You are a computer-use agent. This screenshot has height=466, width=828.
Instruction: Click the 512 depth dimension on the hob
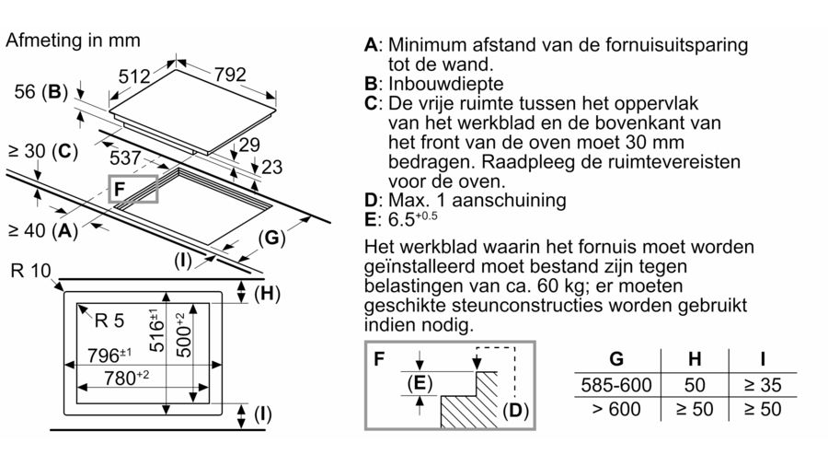[134, 76]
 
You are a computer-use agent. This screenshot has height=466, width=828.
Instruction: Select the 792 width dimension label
[230, 75]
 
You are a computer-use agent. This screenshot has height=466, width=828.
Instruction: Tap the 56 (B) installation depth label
[41, 92]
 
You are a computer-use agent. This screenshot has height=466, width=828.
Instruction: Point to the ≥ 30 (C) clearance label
[43, 152]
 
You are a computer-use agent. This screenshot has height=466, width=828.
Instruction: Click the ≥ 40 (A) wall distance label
[43, 230]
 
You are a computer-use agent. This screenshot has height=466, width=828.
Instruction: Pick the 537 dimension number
[125, 157]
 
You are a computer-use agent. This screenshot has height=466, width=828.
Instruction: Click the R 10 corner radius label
[30, 271]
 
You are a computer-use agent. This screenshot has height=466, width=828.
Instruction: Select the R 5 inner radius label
[109, 320]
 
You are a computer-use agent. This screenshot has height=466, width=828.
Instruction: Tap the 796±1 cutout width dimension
[109, 355]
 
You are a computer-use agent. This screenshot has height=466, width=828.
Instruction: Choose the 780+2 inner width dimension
[126, 378]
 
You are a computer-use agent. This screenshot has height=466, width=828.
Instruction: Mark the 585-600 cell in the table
[616, 385]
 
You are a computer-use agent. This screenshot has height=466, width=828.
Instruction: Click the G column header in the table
[616, 359]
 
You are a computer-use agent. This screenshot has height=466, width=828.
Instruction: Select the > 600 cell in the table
[616, 409]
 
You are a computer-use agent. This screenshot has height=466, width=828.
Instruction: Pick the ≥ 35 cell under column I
[763, 385]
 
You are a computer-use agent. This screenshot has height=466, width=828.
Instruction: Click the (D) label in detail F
[515, 411]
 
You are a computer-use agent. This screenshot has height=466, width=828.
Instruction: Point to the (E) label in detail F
[420, 382]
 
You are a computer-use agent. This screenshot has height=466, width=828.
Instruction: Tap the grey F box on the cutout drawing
[133, 189]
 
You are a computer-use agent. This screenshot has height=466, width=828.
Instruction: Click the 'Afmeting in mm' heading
[73, 41]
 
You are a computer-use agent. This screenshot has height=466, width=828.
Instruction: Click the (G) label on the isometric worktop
[271, 238]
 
